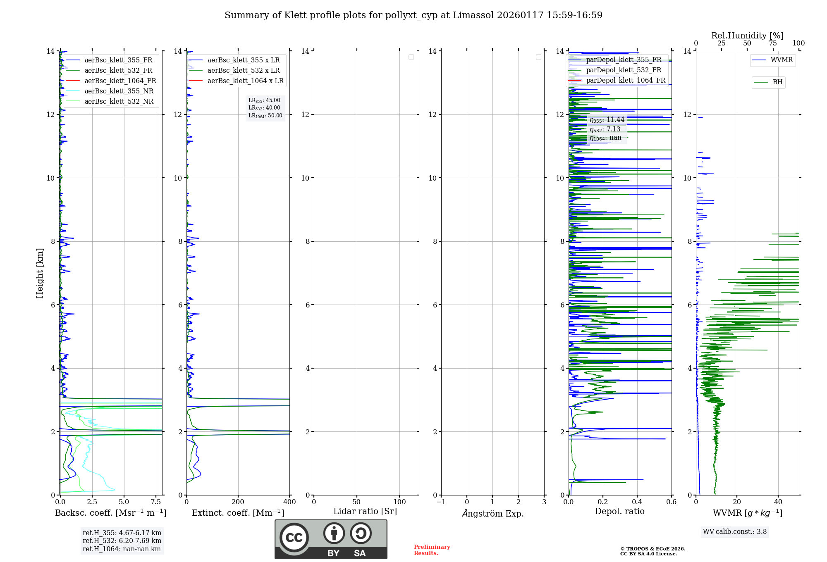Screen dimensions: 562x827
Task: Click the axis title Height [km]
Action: [40, 273]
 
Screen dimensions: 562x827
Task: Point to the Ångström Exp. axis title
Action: [492, 513]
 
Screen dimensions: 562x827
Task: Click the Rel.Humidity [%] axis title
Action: [747, 36]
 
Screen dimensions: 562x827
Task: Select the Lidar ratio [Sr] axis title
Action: [365, 512]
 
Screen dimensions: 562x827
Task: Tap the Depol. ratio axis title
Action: [619, 512]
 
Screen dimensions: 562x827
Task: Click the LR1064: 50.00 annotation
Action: [265, 116]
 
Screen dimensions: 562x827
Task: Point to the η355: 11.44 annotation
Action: [607, 120]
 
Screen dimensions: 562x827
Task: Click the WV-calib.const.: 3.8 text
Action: [735, 532]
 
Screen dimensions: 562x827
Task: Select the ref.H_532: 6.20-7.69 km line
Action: [122, 541]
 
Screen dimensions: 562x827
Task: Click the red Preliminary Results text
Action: [432, 550]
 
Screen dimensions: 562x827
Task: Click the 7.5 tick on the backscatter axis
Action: [156, 502]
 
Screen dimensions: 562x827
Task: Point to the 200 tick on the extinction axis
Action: [238, 502]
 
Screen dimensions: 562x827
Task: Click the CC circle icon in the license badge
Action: [294, 538]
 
